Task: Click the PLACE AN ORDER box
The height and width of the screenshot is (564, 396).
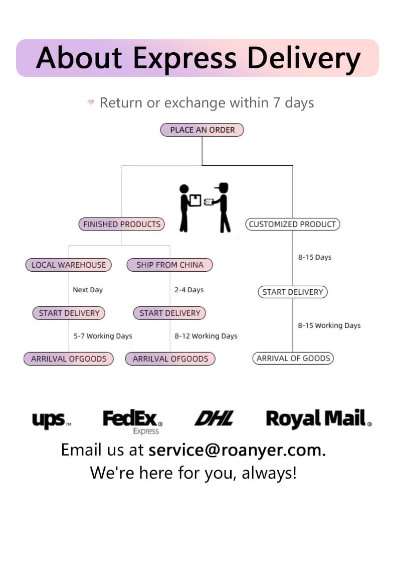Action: [202, 130]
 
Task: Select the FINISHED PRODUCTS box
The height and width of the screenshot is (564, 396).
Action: [122, 224]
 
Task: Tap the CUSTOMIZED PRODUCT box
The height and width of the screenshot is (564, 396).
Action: [292, 224]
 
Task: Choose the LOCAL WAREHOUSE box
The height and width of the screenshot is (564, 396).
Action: [69, 265]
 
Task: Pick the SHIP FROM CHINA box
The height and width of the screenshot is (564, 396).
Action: [170, 265]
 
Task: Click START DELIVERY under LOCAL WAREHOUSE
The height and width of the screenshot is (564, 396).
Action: [69, 313]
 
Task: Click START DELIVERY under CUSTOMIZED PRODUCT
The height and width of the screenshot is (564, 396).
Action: [293, 292]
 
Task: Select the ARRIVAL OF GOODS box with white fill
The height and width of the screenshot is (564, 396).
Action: [293, 358]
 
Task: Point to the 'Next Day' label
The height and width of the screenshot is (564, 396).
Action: [88, 290]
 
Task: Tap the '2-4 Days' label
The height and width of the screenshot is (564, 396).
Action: [189, 290]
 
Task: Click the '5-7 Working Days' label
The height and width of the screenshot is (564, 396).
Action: [103, 336]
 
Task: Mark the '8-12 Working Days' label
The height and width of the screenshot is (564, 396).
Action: [206, 336]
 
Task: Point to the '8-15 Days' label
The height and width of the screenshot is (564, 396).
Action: [315, 257]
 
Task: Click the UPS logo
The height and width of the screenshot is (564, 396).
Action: [51, 420]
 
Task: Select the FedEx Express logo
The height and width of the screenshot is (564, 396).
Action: [132, 421]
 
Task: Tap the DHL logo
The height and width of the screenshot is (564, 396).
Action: [214, 418]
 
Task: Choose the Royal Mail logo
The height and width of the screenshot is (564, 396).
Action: [318, 419]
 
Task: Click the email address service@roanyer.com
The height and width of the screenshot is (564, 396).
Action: [237, 449]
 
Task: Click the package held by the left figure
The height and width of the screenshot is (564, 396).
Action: [195, 200]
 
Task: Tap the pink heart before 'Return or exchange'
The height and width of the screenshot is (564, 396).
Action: [91, 102]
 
